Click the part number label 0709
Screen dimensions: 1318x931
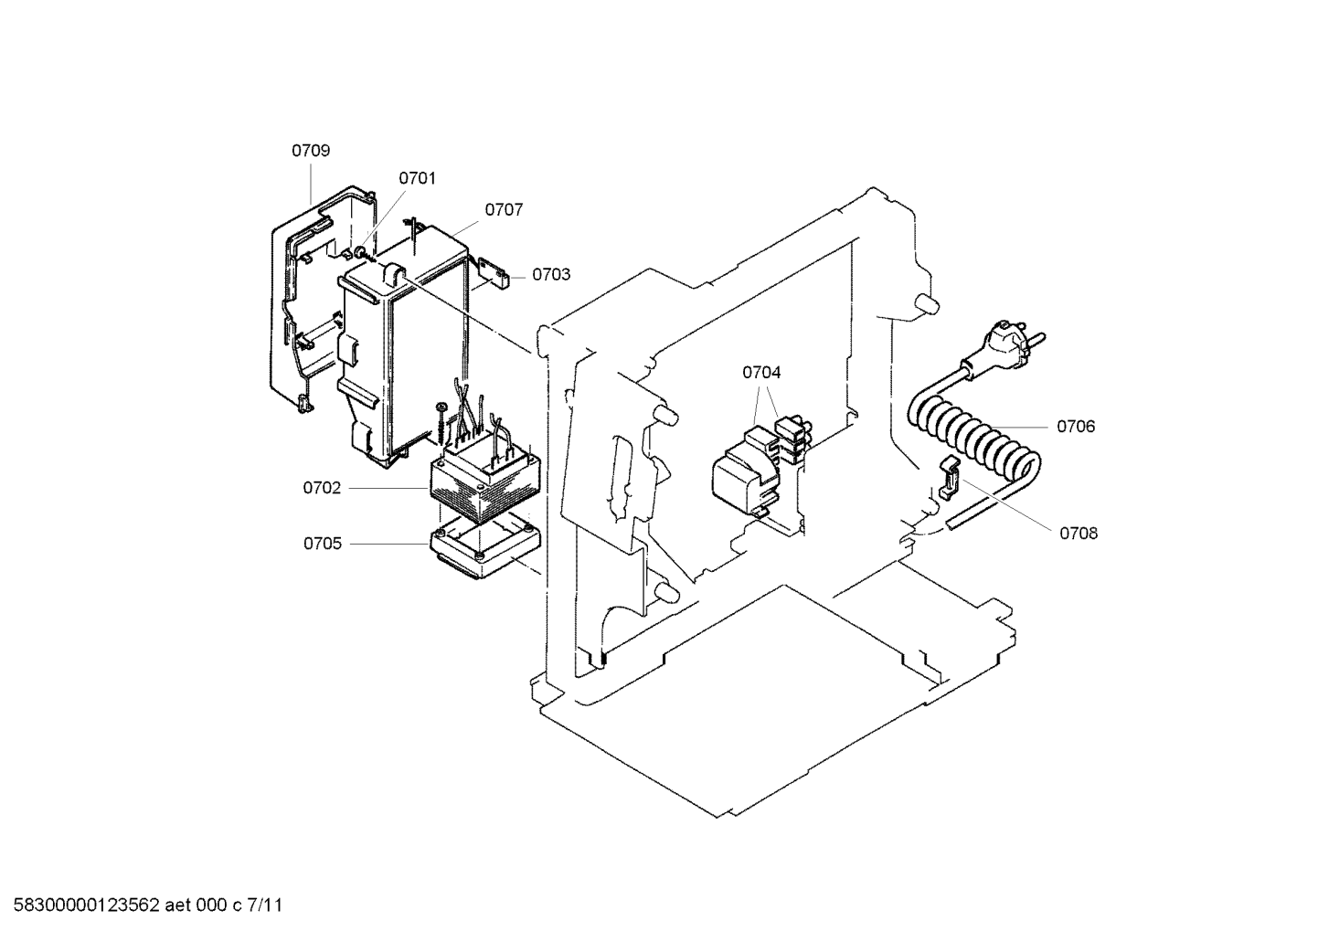click(311, 151)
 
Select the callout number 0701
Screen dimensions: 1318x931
click(417, 179)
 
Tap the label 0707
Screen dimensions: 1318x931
click(504, 210)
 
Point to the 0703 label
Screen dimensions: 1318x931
click(551, 275)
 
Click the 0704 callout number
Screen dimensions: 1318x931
click(761, 372)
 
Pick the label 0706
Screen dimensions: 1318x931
click(1076, 427)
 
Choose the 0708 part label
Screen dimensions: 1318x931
click(1079, 534)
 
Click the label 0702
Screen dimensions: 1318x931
click(322, 488)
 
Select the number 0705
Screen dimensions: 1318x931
click(323, 544)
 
